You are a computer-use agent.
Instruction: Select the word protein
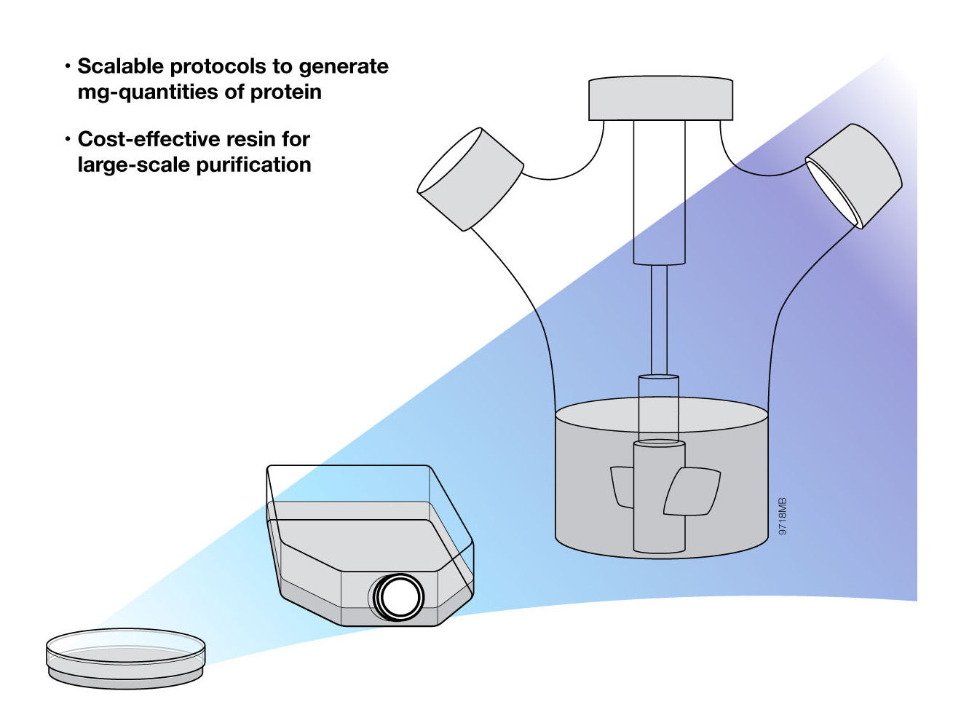pos(285,92)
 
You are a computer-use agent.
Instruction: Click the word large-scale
pos(134,165)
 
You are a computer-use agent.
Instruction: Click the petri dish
pos(125,657)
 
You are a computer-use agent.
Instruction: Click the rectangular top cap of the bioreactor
pos(660,98)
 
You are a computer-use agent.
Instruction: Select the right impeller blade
pos(692,491)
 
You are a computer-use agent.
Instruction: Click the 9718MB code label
pos(783,516)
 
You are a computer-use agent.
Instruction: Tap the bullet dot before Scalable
pos(68,66)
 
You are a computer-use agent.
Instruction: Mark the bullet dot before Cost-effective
pos(68,139)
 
